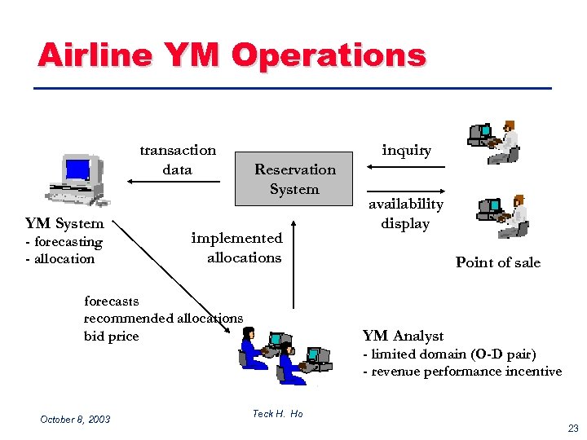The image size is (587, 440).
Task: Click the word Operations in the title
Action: pos(329,55)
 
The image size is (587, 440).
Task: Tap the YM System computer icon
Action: pos(77,179)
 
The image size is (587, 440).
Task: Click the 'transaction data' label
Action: pos(178,160)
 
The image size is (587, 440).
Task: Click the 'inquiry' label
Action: pos(407,150)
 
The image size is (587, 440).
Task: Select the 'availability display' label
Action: pos(405,213)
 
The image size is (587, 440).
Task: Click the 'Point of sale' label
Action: pos(497,262)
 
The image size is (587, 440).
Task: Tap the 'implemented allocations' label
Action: pos(236,248)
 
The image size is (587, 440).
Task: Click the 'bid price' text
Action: pos(112,336)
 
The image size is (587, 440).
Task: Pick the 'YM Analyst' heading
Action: pos(403,336)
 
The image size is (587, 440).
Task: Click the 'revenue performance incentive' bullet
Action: pos(462,372)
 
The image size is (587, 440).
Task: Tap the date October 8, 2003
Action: pos(75,419)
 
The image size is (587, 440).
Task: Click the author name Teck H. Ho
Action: pos(277,414)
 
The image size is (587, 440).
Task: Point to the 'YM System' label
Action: pos(64,223)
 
